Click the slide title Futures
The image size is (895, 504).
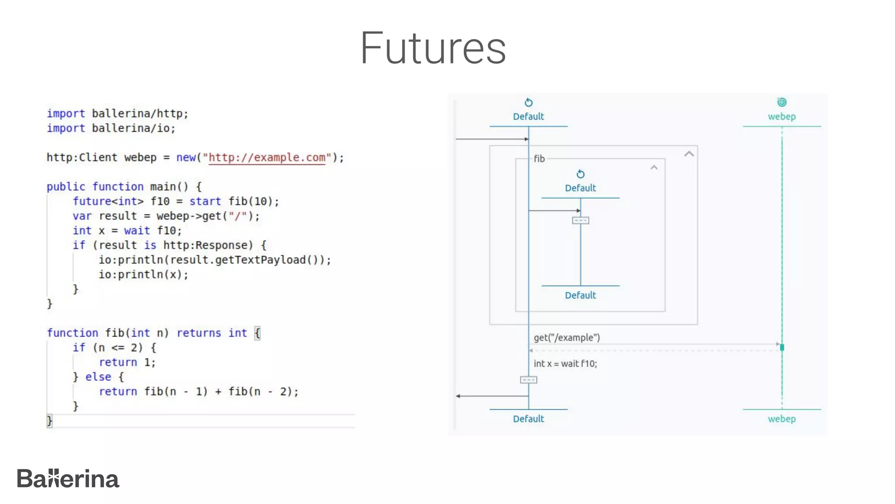(x=433, y=48)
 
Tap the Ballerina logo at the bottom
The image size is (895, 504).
(x=68, y=479)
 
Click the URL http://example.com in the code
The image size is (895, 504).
(x=267, y=157)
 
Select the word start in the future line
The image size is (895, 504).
(x=205, y=201)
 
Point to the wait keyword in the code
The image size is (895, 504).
(x=137, y=231)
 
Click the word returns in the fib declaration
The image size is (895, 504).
(x=199, y=333)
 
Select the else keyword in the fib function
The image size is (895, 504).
(x=98, y=377)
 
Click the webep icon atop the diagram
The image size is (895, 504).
(x=782, y=102)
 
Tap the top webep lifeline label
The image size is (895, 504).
(x=782, y=116)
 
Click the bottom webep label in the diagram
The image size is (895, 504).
(x=782, y=419)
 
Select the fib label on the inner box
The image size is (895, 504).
(x=539, y=159)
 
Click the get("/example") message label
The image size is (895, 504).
(x=567, y=337)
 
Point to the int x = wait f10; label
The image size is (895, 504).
(x=565, y=364)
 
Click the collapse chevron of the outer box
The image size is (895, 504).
(x=689, y=154)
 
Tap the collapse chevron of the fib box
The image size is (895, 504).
(x=654, y=168)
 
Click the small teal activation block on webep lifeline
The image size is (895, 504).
(x=782, y=347)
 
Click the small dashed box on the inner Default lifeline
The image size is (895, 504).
(x=580, y=220)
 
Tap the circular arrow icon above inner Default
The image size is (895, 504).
(x=580, y=174)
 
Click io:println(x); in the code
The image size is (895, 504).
(x=143, y=274)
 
